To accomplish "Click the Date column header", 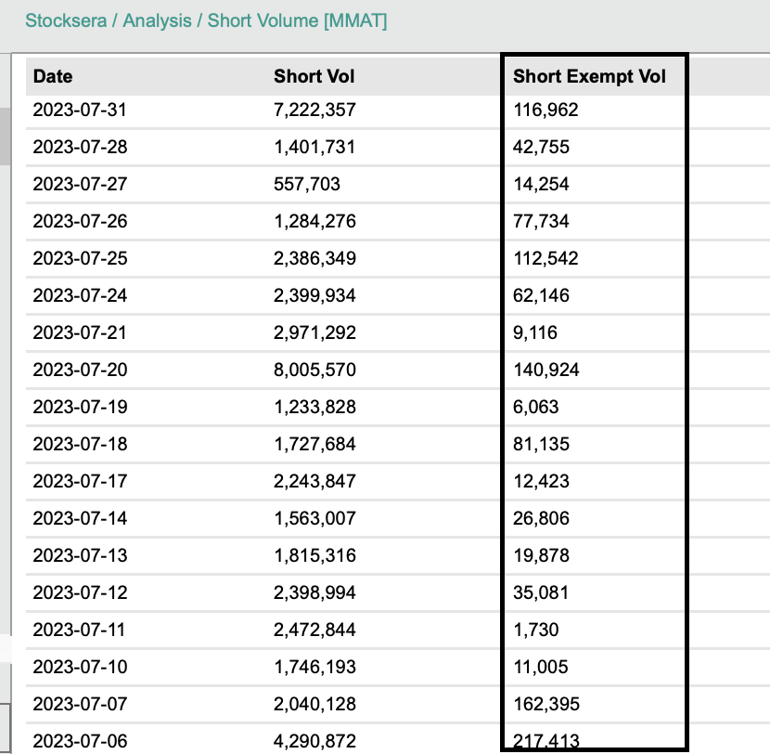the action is coord(53,76).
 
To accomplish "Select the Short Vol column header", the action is coord(314,76).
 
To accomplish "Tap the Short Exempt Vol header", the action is coord(589,76).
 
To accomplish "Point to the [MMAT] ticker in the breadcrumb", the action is coord(354,20).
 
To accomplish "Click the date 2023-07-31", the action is coord(80,110).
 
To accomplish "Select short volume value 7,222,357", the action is coord(314,110).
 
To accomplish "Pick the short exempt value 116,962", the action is coord(545,110).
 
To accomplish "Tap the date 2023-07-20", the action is coord(80,370).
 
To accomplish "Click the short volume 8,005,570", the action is coord(314,370).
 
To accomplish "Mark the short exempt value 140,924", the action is coord(546,370).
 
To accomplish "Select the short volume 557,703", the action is coord(307,184).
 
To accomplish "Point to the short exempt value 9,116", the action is coord(535,332).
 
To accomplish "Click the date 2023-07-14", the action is coord(80,518).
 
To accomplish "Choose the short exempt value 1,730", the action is coord(535,630).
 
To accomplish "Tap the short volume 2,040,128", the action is coord(314,704).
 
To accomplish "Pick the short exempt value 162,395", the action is coord(546,704).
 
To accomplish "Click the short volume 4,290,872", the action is coord(314,741).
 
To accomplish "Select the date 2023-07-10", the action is coord(80,667).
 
